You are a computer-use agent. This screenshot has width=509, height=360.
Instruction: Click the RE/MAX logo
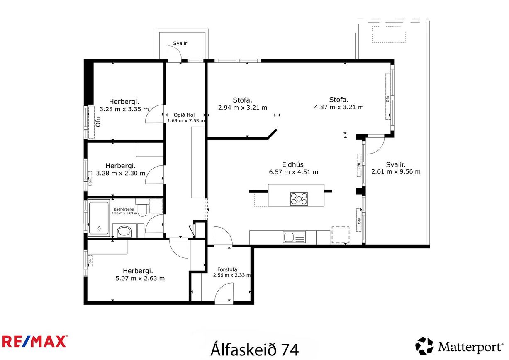(34, 341)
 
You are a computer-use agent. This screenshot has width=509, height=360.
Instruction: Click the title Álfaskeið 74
(255, 349)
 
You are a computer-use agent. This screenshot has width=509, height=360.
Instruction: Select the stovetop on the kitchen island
(299, 198)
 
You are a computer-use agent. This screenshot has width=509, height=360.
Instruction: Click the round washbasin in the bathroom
(124, 231)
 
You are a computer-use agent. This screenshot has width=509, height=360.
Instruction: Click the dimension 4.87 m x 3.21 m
(339, 107)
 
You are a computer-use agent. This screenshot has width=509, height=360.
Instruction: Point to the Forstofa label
(227, 269)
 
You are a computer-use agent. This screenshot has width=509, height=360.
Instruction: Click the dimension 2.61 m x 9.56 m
(396, 171)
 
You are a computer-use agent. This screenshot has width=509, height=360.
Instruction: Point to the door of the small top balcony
(174, 53)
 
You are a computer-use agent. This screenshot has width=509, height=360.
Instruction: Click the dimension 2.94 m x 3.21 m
(242, 107)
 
